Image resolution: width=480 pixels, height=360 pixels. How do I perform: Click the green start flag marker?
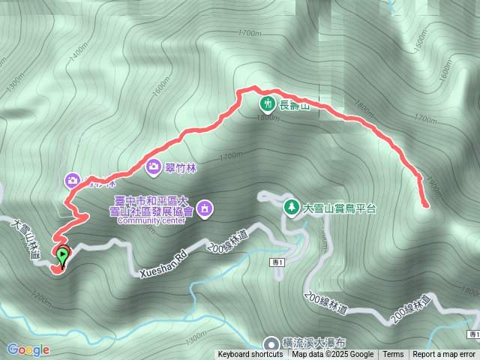[x=62, y=255]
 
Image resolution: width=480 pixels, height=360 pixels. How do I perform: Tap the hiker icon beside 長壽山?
[x=266, y=104]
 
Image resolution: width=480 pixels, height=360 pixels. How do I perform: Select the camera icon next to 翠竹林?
[x=154, y=166]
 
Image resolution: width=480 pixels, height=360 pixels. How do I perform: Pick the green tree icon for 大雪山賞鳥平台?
[x=290, y=206]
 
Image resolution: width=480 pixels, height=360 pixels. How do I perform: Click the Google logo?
[x=28, y=349]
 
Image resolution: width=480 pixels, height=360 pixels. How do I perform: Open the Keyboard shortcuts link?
[x=251, y=355]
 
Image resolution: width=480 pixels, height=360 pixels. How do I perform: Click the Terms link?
[x=393, y=355]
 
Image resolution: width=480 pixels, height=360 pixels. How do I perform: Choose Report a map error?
[x=444, y=355]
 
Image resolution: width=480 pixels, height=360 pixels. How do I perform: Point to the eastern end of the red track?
[x=426, y=204]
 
